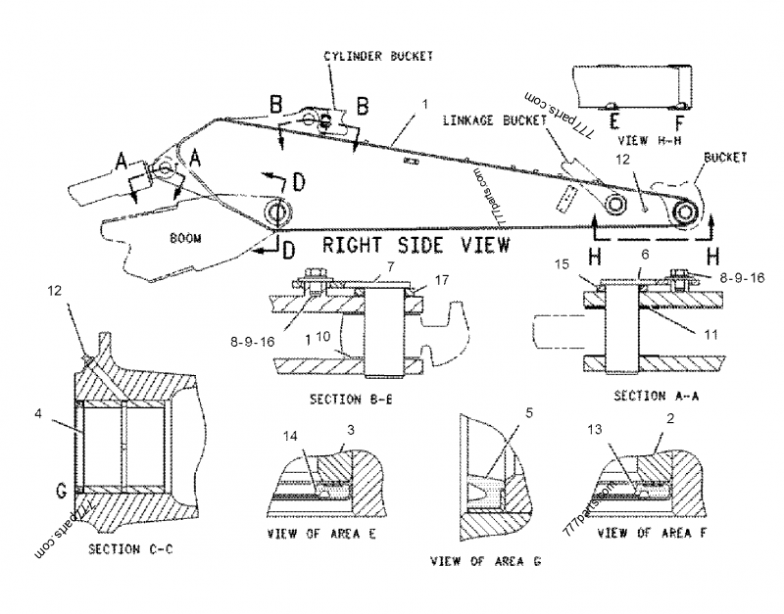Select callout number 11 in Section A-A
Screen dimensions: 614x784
click(710, 334)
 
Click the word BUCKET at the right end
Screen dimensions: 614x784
click(726, 157)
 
